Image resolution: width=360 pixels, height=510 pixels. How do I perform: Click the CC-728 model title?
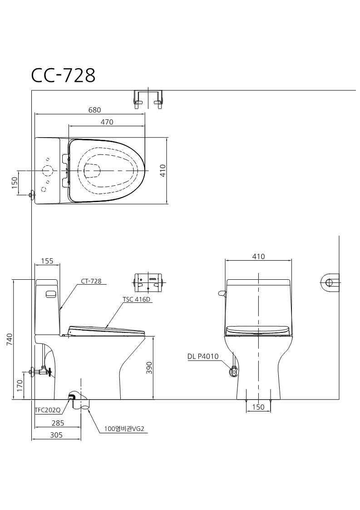[x=63, y=75]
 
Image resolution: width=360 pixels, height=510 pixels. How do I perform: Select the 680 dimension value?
[x=94, y=110]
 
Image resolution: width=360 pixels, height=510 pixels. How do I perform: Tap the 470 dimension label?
[x=107, y=122]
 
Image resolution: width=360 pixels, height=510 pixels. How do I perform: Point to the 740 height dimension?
[x=10, y=339]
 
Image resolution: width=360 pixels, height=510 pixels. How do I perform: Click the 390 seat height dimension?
[x=149, y=367]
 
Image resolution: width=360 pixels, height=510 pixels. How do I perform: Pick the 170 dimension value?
[x=20, y=386]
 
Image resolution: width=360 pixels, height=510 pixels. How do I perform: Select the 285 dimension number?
[x=58, y=423]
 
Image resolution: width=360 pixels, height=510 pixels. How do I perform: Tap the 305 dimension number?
[x=56, y=435]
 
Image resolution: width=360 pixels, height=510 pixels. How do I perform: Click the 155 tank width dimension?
[x=47, y=261]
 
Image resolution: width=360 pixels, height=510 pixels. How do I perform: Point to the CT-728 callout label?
[x=91, y=281]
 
